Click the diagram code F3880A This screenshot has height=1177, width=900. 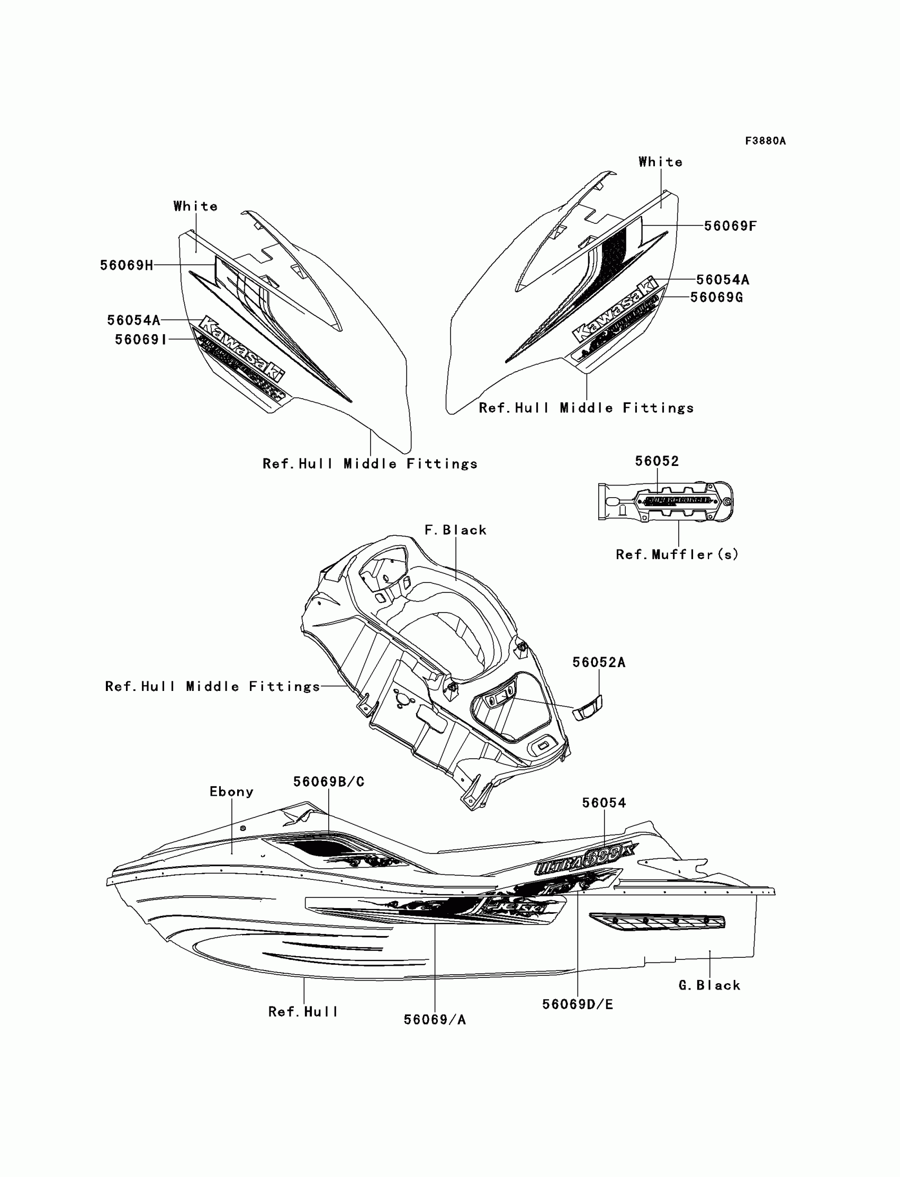765,141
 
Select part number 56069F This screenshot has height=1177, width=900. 730,226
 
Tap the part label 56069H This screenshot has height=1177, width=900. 127,265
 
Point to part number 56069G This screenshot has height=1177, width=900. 716,298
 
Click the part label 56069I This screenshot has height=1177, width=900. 140,340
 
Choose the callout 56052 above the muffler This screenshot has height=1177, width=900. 657,461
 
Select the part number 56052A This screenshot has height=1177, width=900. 598,663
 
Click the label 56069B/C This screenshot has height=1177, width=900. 328,781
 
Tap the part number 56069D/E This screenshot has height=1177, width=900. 578,1004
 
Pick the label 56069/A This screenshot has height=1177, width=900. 435,1020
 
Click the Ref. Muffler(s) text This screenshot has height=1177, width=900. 677,555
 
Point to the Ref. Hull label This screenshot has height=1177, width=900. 303,1012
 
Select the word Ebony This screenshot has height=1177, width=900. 231,792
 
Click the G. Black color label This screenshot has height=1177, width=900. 709,986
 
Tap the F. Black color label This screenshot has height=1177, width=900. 455,531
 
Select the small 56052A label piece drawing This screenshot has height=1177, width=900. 588,708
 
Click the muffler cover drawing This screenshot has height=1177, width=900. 666,501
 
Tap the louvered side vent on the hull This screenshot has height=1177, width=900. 658,921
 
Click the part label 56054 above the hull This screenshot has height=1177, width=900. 604,803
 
